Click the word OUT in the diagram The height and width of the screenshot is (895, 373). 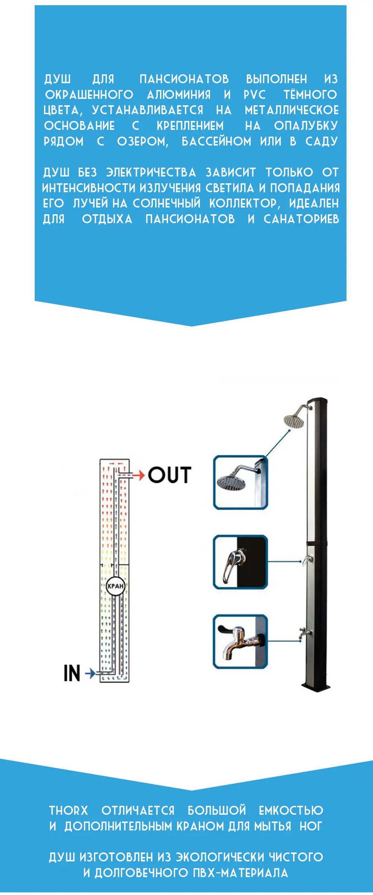coord(170,475)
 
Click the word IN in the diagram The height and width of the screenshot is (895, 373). coord(72,673)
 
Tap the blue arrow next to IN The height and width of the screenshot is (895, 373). coord(90,673)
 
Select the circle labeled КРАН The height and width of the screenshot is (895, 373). coord(115,586)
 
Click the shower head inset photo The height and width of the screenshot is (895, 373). coord(240,482)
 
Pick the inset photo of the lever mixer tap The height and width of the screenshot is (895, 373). coord(240,562)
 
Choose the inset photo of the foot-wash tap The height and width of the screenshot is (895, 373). coord(240,641)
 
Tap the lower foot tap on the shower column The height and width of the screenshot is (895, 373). coord(304,633)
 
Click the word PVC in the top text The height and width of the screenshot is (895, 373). coord(254,95)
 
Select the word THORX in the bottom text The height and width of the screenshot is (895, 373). coord(69,811)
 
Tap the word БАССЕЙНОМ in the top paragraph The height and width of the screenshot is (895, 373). coord(216,141)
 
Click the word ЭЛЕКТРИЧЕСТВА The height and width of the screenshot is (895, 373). coord(151,172)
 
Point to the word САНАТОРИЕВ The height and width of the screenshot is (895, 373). coord(301,219)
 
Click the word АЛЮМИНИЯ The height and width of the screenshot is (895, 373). coord(179,95)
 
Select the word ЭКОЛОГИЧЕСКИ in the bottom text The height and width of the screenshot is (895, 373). coord(220,857)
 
